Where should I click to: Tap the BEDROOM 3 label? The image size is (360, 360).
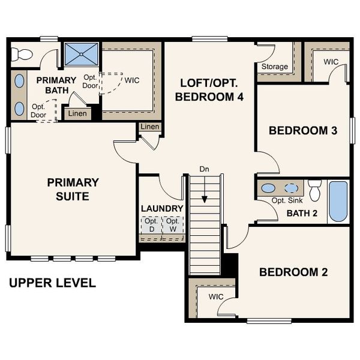[302, 130]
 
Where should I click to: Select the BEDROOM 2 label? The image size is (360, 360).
[293, 272]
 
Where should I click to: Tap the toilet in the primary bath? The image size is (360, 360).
[23, 54]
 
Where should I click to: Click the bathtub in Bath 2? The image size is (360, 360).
[338, 202]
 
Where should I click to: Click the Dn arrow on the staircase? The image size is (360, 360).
[205, 192]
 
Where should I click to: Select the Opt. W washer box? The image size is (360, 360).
[173, 225]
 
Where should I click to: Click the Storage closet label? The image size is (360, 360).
[274, 67]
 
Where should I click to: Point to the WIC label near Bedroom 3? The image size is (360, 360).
[331, 62]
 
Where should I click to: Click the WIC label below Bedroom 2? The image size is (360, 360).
[216, 297]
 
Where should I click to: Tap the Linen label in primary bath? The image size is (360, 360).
[77, 113]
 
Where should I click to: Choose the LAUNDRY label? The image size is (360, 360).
[161, 209]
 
